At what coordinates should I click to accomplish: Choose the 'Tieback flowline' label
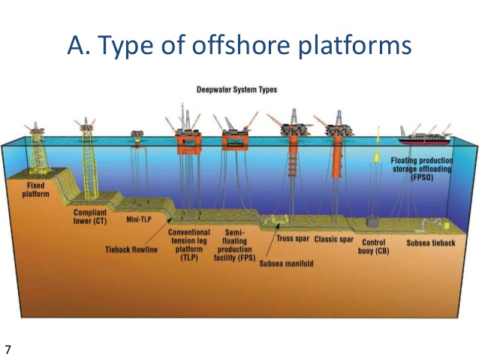tap(131, 250)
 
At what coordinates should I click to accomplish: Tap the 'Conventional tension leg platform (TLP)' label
tap(188, 246)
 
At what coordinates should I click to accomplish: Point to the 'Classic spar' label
tap(333, 239)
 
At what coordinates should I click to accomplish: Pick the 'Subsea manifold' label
tap(286, 264)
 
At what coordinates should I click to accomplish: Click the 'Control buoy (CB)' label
tap(373, 247)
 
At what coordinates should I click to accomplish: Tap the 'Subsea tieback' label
tap(430, 244)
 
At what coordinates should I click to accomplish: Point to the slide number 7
tap(8, 349)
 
